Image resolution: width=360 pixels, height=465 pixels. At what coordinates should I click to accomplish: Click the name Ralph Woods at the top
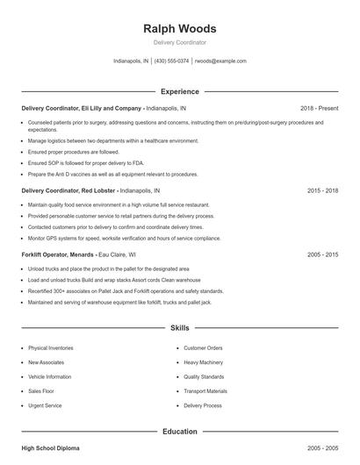[x=179, y=28]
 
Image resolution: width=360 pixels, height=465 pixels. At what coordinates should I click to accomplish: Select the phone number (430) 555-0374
[x=172, y=61]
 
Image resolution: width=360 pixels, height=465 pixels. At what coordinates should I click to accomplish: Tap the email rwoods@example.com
[x=220, y=61]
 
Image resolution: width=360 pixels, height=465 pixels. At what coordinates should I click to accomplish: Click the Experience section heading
[x=179, y=91]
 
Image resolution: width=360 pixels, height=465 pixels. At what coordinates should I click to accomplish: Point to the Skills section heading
[x=179, y=328]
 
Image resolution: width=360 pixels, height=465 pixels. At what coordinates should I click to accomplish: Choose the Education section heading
[x=179, y=432]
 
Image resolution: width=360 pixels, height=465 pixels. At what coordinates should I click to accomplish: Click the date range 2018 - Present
[x=319, y=108]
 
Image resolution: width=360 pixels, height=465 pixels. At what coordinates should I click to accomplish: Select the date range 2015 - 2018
[x=322, y=190]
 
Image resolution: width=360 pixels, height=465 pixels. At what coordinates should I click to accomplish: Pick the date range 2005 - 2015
[x=322, y=254]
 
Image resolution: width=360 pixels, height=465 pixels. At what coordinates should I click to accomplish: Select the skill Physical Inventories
[x=50, y=347]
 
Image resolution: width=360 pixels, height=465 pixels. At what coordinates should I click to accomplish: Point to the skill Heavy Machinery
[x=204, y=362]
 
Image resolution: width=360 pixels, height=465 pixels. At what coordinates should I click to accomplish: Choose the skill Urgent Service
[x=45, y=406]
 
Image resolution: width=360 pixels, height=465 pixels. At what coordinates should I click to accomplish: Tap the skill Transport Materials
[x=205, y=391]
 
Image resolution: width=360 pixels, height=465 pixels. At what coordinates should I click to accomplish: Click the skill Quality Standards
[x=204, y=376]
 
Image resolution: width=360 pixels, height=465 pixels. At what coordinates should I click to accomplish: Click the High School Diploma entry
[x=50, y=448]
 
